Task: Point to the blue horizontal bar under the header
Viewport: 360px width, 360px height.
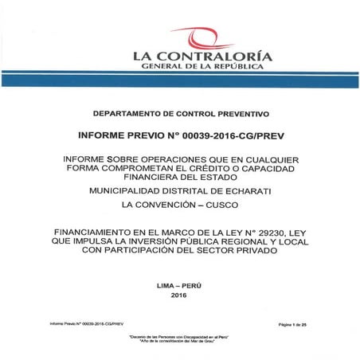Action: click(x=180, y=81)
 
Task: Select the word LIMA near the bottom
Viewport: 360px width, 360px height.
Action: click(x=168, y=284)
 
